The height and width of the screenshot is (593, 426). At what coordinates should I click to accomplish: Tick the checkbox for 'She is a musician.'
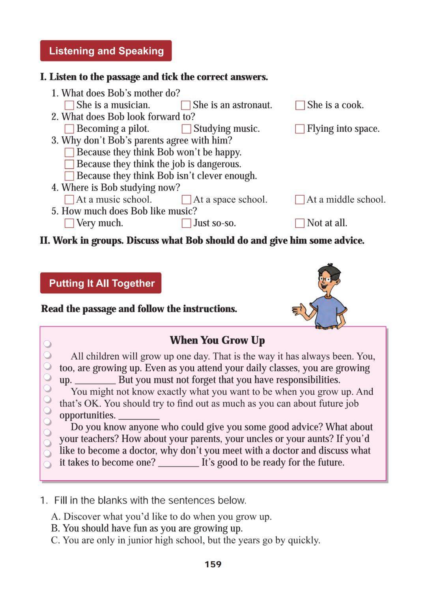(x=69, y=105)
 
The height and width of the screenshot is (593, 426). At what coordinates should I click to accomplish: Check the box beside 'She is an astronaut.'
(x=185, y=105)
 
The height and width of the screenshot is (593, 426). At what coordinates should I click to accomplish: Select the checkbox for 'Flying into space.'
(x=300, y=129)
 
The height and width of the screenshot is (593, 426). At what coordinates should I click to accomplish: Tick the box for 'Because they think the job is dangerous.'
(x=69, y=164)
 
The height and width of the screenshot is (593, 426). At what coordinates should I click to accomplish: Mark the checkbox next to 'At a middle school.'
(x=300, y=200)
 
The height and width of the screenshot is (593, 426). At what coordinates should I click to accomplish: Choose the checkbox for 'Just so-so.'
(x=186, y=223)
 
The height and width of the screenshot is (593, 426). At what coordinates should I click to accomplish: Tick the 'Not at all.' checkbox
(x=300, y=223)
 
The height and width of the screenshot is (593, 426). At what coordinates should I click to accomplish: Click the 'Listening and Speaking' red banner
(x=106, y=51)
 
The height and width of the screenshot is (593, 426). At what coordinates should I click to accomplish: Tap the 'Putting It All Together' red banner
(x=101, y=283)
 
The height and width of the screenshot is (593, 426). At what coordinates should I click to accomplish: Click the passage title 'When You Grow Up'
(x=217, y=340)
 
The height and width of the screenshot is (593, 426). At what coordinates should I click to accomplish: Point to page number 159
(x=213, y=564)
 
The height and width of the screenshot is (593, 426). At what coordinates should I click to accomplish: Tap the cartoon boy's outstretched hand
(x=299, y=310)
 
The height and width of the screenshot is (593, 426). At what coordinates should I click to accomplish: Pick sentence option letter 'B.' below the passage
(x=55, y=528)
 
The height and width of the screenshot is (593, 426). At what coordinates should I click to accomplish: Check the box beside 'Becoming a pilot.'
(x=69, y=129)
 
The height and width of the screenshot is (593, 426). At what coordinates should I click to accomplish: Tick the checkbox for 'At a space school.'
(x=186, y=200)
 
